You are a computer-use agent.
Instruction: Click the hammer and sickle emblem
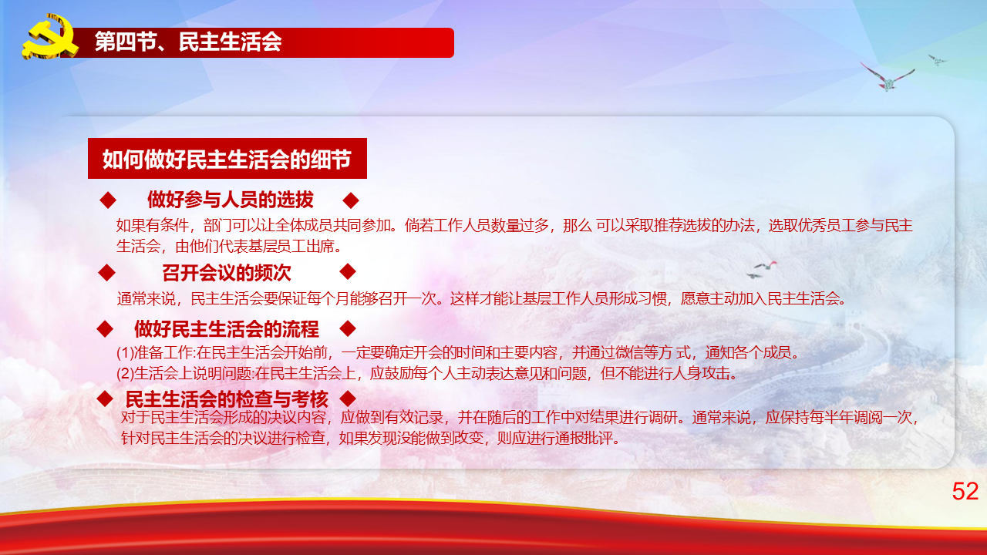[50, 36]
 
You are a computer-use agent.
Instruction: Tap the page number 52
[965, 491]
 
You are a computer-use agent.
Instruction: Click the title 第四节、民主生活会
[188, 42]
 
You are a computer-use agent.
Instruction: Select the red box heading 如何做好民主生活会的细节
[227, 159]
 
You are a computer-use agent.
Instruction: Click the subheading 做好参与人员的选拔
[230, 200]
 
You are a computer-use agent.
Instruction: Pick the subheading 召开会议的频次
[227, 273]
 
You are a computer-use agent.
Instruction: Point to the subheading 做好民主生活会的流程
[227, 328]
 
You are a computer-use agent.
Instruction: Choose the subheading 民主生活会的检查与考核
[227, 399]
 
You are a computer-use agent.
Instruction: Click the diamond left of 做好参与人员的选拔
[108, 200]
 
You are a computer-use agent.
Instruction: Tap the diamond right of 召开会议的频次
[348, 271]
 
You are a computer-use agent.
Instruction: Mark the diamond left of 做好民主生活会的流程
[105, 329]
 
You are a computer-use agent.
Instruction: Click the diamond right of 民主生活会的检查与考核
[348, 399]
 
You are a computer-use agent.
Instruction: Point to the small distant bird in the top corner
[937, 60]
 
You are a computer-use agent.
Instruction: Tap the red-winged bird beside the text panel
[765, 266]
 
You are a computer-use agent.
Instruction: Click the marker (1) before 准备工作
[125, 353]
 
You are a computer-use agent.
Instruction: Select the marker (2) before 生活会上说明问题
[125, 374]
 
